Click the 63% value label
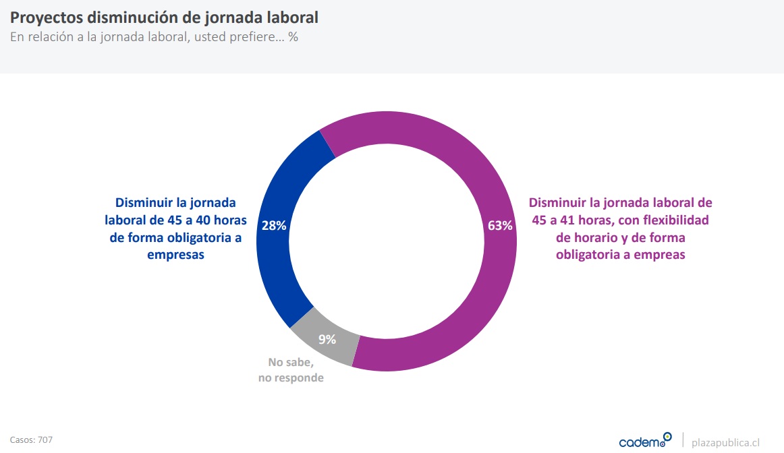tap(500, 226)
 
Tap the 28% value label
tap(274, 226)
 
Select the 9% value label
tap(327, 339)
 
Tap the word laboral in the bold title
tap(290, 17)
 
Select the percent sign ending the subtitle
tap(293, 37)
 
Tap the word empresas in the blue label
tap(176, 255)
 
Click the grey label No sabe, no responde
tap(291, 370)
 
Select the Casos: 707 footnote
tap(31, 440)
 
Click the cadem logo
tap(645, 441)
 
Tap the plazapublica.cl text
tap(726, 442)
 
